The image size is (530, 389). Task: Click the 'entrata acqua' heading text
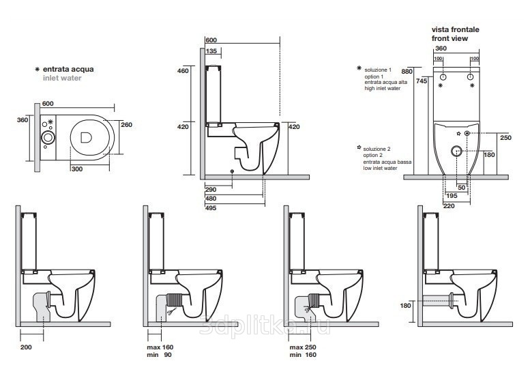tap(68, 70)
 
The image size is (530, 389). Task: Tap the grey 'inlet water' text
tap(62, 78)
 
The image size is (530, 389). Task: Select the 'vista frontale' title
tap(455, 30)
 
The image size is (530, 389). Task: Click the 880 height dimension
tap(407, 72)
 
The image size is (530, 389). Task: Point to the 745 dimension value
tap(422, 81)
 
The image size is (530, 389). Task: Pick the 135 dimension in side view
tap(211, 51)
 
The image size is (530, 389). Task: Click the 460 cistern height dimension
tap(183, 71)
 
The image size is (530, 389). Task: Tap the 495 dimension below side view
tap(211, 208)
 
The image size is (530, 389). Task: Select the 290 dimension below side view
tap(211, 190)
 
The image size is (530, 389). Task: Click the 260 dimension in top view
tap(126, 125)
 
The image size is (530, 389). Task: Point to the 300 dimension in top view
tap(77, 169)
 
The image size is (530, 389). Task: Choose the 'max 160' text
tap(160, 347)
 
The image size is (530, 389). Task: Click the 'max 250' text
tap(303, 347)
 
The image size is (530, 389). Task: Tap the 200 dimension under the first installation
tap(26, 347)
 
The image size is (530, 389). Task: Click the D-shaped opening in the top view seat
tap(86, 137)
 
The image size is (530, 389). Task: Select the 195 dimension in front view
tap(452, 196)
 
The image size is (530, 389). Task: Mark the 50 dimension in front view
tap(461, 188)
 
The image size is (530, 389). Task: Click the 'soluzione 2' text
tap(377, 149)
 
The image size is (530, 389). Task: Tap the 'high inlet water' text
tap(382, 88)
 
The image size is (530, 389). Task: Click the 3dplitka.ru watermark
tap(265, 325)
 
